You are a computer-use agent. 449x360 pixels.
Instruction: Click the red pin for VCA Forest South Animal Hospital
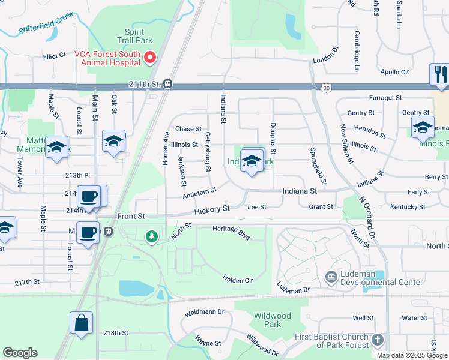tap(150, 58)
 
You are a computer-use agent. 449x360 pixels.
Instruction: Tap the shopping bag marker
tap(81, 322)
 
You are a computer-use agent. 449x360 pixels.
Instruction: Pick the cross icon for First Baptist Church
tap(377, 340)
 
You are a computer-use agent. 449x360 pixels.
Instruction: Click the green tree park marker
tap(152, 237)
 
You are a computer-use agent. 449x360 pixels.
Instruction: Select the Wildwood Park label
tap(272, 320)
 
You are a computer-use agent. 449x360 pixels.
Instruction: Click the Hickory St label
tap(212, 210)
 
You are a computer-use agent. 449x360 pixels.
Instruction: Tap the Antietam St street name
tap(199, 193)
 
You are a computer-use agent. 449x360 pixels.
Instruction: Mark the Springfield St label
tap(318, 166)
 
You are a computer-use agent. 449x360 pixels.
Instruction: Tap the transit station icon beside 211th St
tap(168, 85)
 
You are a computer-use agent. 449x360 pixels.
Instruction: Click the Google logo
tap(20, 353)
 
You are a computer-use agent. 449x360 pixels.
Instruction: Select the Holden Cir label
tap(238, 279)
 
